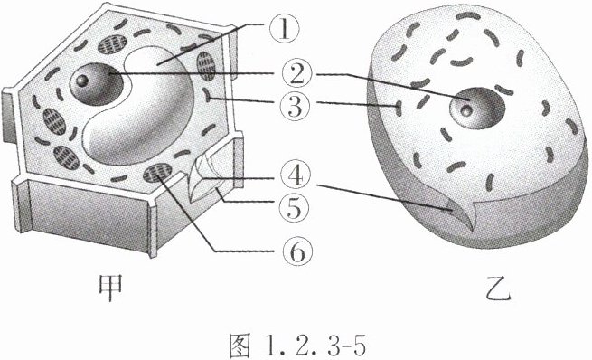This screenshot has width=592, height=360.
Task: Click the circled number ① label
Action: pos(285,30)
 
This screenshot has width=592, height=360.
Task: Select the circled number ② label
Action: pos(297,74)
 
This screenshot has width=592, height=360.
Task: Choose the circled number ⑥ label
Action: pos(298,251)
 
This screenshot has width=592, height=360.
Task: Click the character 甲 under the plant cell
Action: pos(110,288)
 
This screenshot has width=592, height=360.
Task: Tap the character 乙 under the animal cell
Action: pos(498,291)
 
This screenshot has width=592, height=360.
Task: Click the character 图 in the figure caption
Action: pos(240,345)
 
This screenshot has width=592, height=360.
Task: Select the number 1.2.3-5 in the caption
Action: pos(315,346)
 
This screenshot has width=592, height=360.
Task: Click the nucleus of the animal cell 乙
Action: pos(477,108)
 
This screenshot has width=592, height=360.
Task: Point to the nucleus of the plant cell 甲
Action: pos(96,83)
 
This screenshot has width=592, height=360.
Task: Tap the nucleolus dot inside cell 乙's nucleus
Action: pos(466,110)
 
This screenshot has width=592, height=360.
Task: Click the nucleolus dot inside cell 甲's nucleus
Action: pos(82,81)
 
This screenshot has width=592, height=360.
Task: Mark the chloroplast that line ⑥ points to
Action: pos(157,173)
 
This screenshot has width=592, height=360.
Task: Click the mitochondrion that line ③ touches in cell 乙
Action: pos(399,109)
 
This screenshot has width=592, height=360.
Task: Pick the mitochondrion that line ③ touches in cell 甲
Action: pos(207,94)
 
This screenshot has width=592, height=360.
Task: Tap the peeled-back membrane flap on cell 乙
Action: pos(459,214)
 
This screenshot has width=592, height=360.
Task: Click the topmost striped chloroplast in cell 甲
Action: pos(112,44)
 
